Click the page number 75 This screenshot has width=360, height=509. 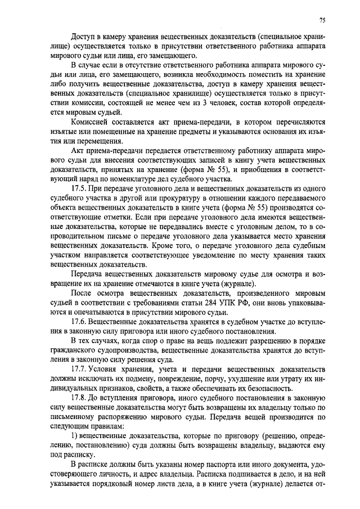click(x=322, y=20)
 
